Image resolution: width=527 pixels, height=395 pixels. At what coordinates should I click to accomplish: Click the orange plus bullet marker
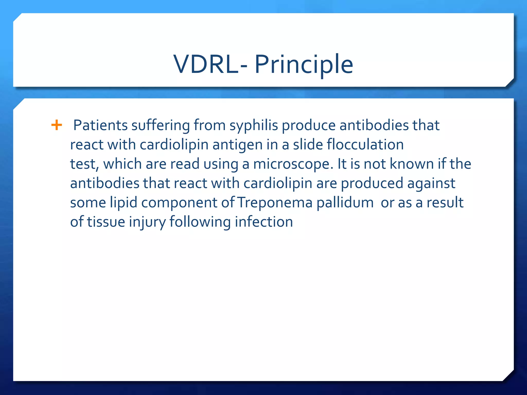point(57,125)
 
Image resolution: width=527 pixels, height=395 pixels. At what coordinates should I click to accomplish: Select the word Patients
point(100,125)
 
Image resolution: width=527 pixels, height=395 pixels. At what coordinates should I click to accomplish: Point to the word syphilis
point(253,126)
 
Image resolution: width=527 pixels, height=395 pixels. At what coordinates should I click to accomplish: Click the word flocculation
point(365,144)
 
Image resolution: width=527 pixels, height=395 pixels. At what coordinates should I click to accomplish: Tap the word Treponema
point(275,203)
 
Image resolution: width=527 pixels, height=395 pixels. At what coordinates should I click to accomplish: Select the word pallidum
point(345,203)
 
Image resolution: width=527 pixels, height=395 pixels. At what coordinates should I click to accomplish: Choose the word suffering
point(161,126)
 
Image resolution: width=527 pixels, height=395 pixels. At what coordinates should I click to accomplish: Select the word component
point(179,203)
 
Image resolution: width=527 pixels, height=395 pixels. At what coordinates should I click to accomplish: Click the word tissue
point(106,222)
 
